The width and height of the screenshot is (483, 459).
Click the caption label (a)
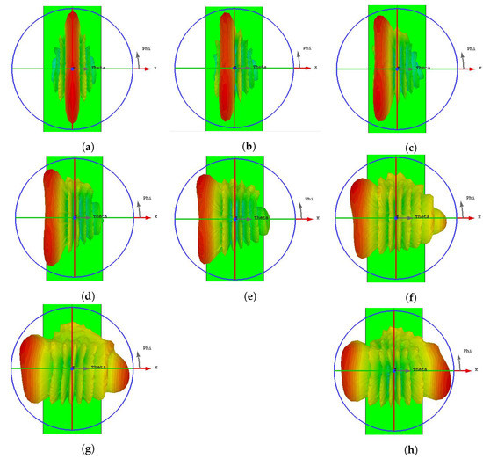(73, 144)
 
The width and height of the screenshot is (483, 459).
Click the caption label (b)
(234, 144)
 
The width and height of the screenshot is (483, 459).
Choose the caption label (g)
(73, 448)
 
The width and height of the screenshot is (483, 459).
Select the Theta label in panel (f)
(422, 216)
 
